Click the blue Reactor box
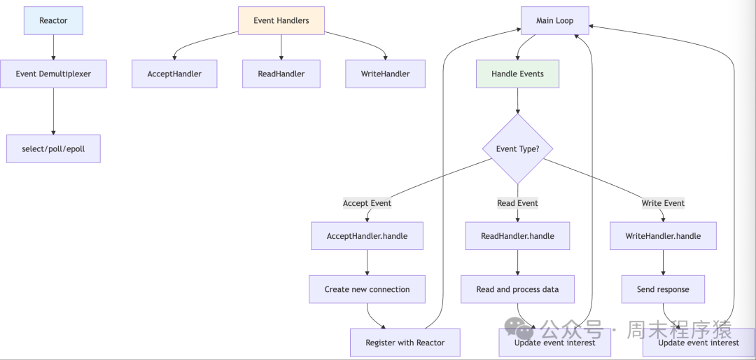[53, 20]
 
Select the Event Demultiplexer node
[53, 74]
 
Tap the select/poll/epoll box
[53, 149]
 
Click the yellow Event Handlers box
[281, 20]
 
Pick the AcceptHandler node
[174, 74]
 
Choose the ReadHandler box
[281, 74]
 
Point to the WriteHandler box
[385, 74]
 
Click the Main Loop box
[554, 20]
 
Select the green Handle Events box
[517, 74]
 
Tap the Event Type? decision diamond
[517, 148]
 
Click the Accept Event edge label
[367, 203]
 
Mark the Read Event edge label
[517, 203]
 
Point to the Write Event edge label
[663, 203]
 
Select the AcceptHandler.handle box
[367, 236]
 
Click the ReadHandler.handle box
[517, 236]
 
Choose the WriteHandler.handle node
[663, 236]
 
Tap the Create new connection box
[367, 289]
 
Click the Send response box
[663, 289]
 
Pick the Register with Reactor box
[406, 342]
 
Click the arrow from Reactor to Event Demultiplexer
[53, 47]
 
